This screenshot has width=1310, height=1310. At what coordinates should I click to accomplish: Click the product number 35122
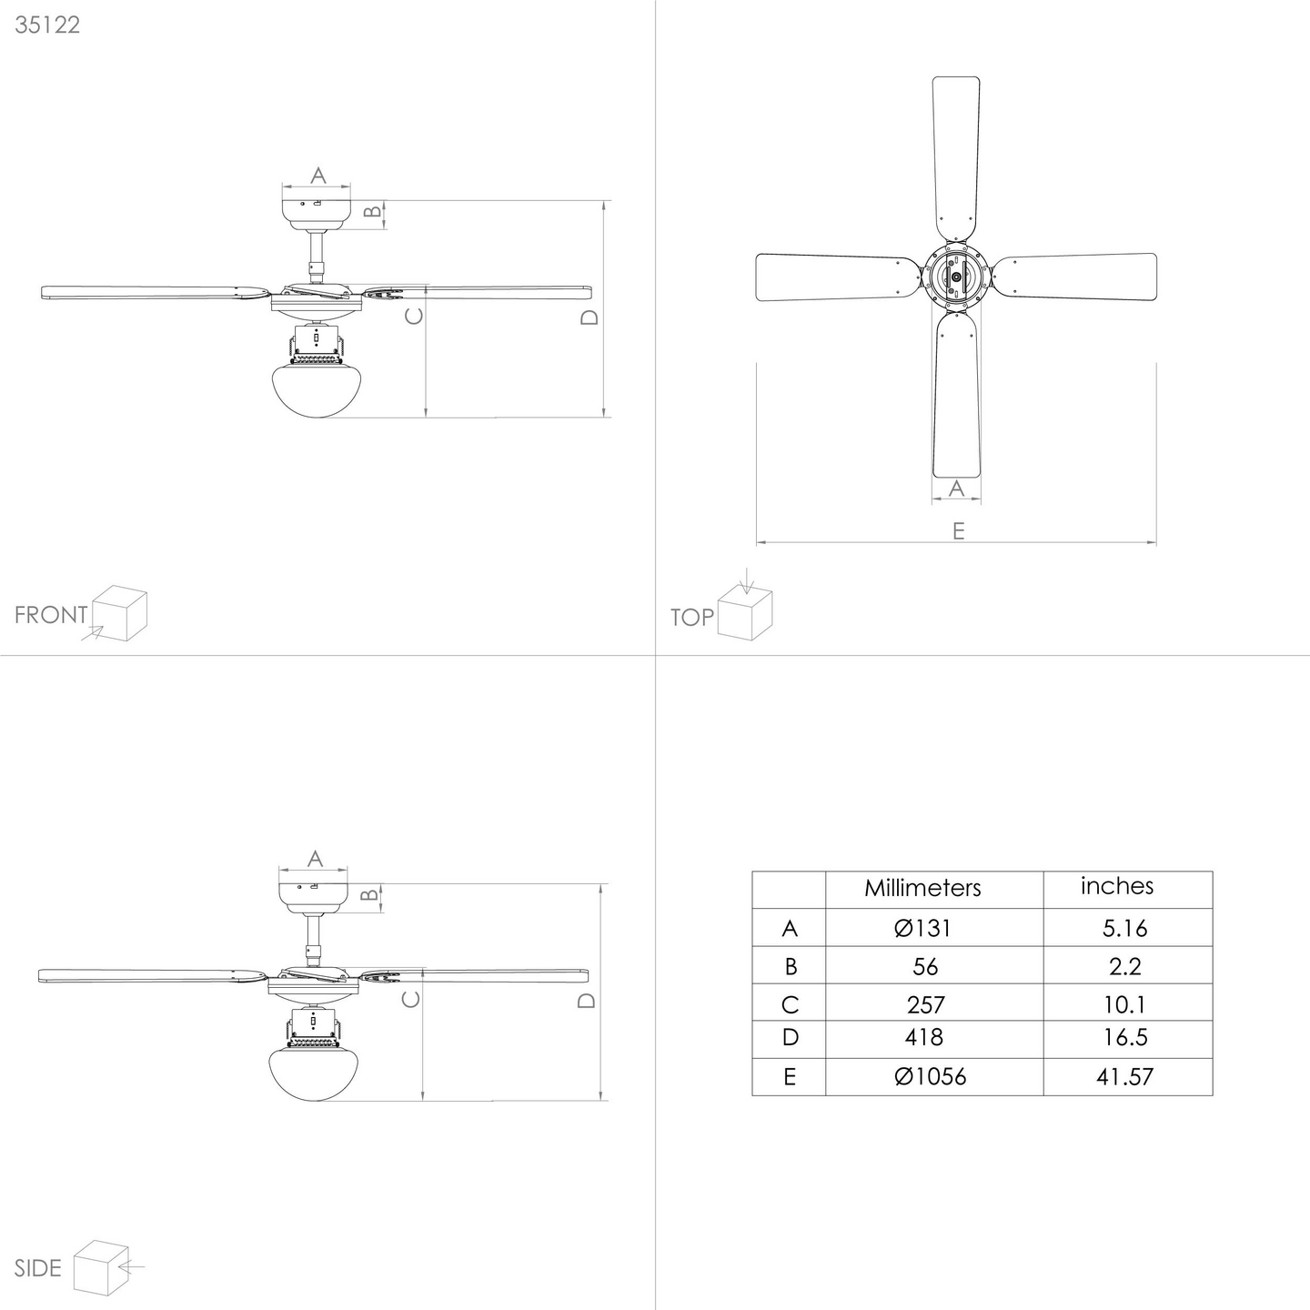(47, 25)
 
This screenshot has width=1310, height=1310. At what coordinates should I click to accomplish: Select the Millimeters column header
(922, 888)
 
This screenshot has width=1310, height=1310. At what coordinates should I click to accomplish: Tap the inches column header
(1117, 886)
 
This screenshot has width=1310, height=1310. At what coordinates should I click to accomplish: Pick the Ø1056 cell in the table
(930, 1076)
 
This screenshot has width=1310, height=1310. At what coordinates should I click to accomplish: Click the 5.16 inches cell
(1124, 928)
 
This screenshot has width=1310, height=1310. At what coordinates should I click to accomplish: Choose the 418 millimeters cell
(924, 1037)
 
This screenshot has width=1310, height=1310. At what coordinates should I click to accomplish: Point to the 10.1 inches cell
(1124, 1004)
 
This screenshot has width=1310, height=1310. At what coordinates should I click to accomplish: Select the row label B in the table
(790, 966)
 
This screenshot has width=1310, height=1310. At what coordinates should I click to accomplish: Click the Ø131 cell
(922, 928)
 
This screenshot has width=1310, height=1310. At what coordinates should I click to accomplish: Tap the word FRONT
(51, 615)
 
